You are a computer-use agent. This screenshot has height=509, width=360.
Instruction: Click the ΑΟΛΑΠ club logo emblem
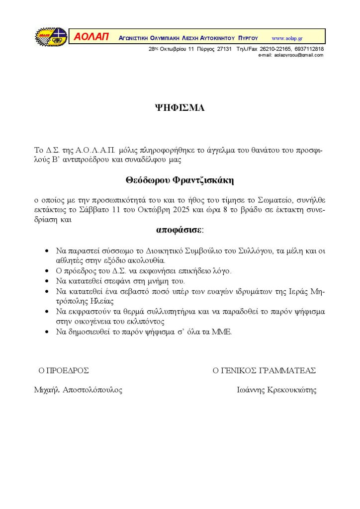(x=51, y=37)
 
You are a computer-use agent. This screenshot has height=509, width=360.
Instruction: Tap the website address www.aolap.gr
(x=287, y=38)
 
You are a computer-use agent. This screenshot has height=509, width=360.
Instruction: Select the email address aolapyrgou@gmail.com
(x=298, y=55)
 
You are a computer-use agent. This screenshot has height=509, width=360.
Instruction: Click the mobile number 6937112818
(x=308, y=49)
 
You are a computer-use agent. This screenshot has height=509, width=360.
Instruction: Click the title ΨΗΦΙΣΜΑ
(x=180, y=108)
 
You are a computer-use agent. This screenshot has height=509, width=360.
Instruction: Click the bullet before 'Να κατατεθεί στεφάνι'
(x=47, y=281)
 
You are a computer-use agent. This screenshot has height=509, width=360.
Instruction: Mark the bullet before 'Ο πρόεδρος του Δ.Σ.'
(x=47, y=271)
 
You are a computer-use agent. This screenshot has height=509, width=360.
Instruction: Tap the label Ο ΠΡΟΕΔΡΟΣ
(x=64, y=370)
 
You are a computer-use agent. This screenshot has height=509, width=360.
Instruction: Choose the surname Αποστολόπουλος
(x=92, y=390)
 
